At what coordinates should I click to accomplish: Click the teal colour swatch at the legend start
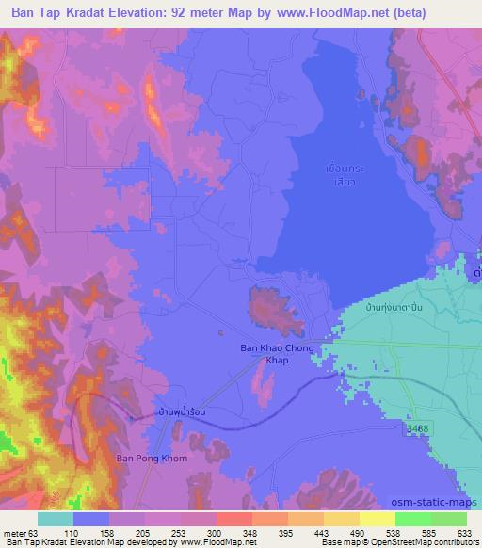56,519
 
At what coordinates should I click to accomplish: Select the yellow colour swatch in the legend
378,519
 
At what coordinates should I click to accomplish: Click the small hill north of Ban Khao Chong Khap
269,307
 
